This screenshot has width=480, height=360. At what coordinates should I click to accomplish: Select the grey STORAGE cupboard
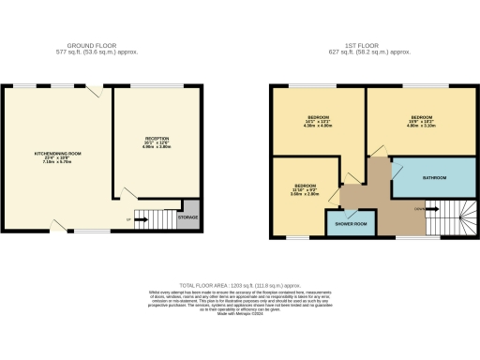pyautogui.click(x=189, y=217)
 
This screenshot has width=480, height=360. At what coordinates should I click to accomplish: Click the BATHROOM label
pyautogui.click(x=433, y=178)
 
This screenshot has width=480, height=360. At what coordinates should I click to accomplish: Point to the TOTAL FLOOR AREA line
pyautogui.click(x=240, y=283)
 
